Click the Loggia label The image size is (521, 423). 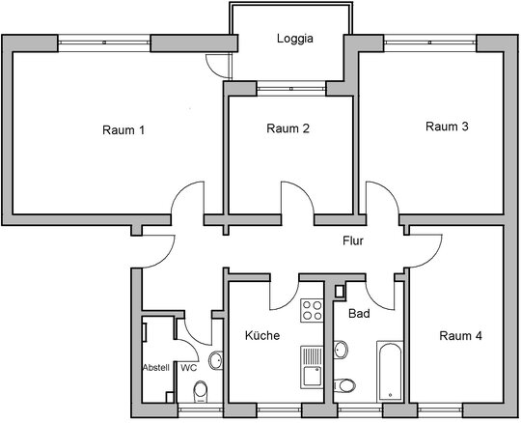[x=294, y=39]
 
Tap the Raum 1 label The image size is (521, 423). [x=123, y=129]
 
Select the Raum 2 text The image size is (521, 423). [x=288, y=128]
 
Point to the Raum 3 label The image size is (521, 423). [x=447, y=127]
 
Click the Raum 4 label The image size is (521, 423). [x=460, y=336]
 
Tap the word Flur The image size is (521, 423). [x=353, y=240]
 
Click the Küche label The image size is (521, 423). [x=262, y=335]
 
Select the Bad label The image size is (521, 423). [x=359, y=313]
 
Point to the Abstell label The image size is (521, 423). [x=156, y=367]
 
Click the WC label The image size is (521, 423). [x=189, y=368]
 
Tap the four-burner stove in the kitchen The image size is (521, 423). [x=312, y=311]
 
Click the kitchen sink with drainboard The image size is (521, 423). [x=312, y=367]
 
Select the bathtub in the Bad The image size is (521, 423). [x=390, y=371]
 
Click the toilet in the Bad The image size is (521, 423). [x=343, y=385]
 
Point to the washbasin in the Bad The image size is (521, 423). [x=341, y=350]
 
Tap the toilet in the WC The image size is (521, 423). [x=200, y=392]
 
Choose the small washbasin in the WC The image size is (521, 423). [x=216, y=360]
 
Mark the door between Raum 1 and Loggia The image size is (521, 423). [x=218, y=65]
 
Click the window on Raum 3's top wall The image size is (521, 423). [x=430, y=42]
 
